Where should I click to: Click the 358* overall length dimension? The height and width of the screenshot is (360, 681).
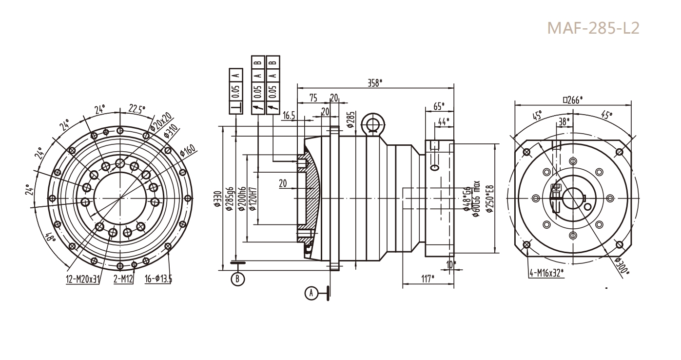[374, 82]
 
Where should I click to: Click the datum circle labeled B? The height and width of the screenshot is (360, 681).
[238, 279]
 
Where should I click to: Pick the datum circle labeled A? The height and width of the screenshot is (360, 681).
[311, 293]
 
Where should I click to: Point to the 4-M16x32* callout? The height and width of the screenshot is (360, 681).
[546, 272]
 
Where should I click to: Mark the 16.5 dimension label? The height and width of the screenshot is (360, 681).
[289, 115]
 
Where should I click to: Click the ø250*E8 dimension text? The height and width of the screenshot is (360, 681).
[489, 199]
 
